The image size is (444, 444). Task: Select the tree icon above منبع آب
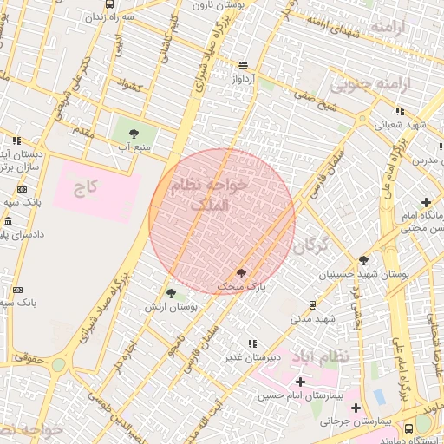click(134, 133)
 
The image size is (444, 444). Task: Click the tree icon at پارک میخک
click(241, 272)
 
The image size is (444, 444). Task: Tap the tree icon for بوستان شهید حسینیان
click(362, 260)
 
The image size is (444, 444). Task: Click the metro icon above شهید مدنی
click(312, 305)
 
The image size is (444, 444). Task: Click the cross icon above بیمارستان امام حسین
click(300, 382)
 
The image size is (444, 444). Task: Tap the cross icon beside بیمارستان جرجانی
click(356, 408)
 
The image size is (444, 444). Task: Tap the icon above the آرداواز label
click(243, 65)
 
